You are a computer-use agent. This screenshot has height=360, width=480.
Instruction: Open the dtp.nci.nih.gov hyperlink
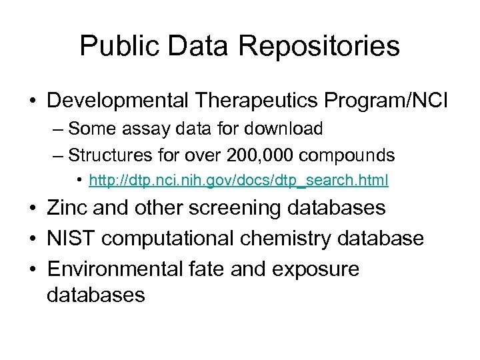pyautogui.click(x=239, y=180)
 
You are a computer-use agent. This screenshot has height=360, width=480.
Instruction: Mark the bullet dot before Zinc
pyautogui.click(x=33, y=208)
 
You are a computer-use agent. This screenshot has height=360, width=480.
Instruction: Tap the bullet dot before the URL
pyautogui.click(x=80, y=180)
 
